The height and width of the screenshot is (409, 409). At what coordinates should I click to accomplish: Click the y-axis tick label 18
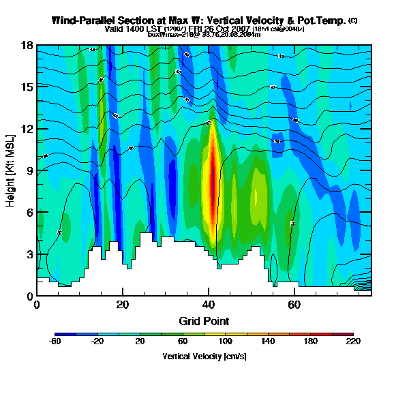[x=27, y=46]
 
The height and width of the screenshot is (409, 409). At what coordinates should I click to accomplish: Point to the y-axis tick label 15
[x=27, y=87]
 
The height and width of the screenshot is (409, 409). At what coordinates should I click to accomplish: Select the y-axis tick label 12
[x=27, y=129]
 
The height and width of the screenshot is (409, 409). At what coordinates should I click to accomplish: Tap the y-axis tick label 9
[x=30, y=170]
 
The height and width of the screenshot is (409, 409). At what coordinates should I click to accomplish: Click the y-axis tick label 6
[x=30, y=213]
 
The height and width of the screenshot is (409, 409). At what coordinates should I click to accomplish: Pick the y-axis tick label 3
[x=30, y=254]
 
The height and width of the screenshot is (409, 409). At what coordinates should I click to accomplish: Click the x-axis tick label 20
[x=123, y=305]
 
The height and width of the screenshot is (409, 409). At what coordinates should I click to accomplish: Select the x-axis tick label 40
[x=209, y=305]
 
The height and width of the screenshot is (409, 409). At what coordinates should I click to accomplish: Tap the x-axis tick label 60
[x=294, y=305]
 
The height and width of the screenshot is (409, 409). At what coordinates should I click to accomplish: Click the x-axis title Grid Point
[x=204, y=320]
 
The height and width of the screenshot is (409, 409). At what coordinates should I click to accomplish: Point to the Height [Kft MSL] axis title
[x=12, y=170]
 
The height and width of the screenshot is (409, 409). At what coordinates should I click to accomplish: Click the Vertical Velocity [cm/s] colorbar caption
[x=204, y=357]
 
